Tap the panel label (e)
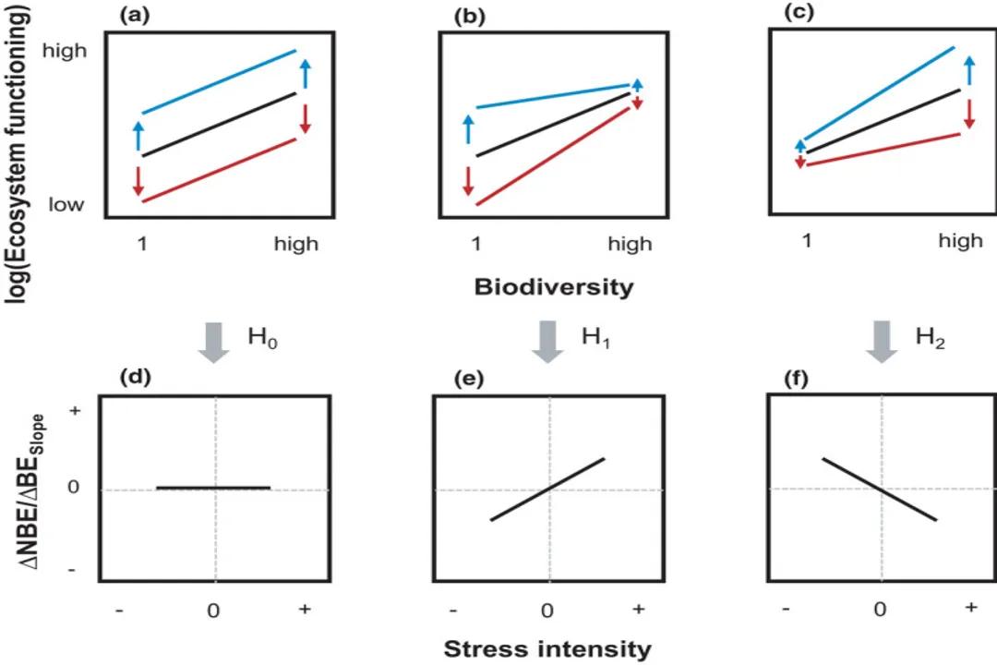pyautogui.click(x=462, y=380)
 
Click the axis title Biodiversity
pyautogui.click(x=554, y=287)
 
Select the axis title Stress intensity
pyautogui.click(x=547, y=648)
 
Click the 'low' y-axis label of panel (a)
pyautogui.click(x=66, y=204)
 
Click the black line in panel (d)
pyautogui.click(x=213, y=487)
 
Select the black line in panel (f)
pyautogui.click(x=880, y=489)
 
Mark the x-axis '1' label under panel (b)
pyautogui.click(x=476, y=244)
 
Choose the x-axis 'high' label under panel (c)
pyautogui.click(x=960, y=241)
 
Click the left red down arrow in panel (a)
pyautogui.click(x=138, y=179)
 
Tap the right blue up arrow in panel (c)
pyautogui.click(x=969, y=72)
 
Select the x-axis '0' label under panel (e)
pyautogui.click(x=547, y=611)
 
